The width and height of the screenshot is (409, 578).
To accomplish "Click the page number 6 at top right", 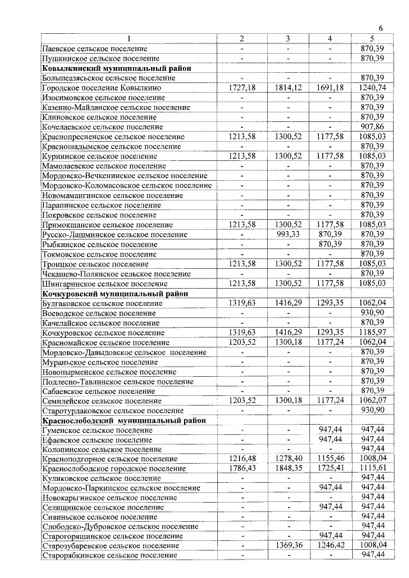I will (x=381, y=28).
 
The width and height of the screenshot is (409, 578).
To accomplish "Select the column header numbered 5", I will (x=372, y=39).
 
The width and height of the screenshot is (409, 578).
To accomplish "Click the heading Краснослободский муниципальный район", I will (x=124, y=420).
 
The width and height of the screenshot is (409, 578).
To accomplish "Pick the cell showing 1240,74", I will (x=372, y=87).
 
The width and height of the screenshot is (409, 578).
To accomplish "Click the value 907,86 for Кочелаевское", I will (x=372, y=126).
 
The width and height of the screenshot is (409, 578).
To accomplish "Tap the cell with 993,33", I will (x=288, y=234).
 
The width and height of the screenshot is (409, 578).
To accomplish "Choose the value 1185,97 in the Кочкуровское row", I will (x=372, y=332).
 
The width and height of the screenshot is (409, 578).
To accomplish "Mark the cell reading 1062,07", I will (x=372, y=400).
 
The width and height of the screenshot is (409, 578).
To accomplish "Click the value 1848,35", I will (x=288, y=469).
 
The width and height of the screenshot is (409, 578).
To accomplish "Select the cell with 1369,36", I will (x=288, y=546).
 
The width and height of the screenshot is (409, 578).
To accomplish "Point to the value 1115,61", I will (x=372, y=469).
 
